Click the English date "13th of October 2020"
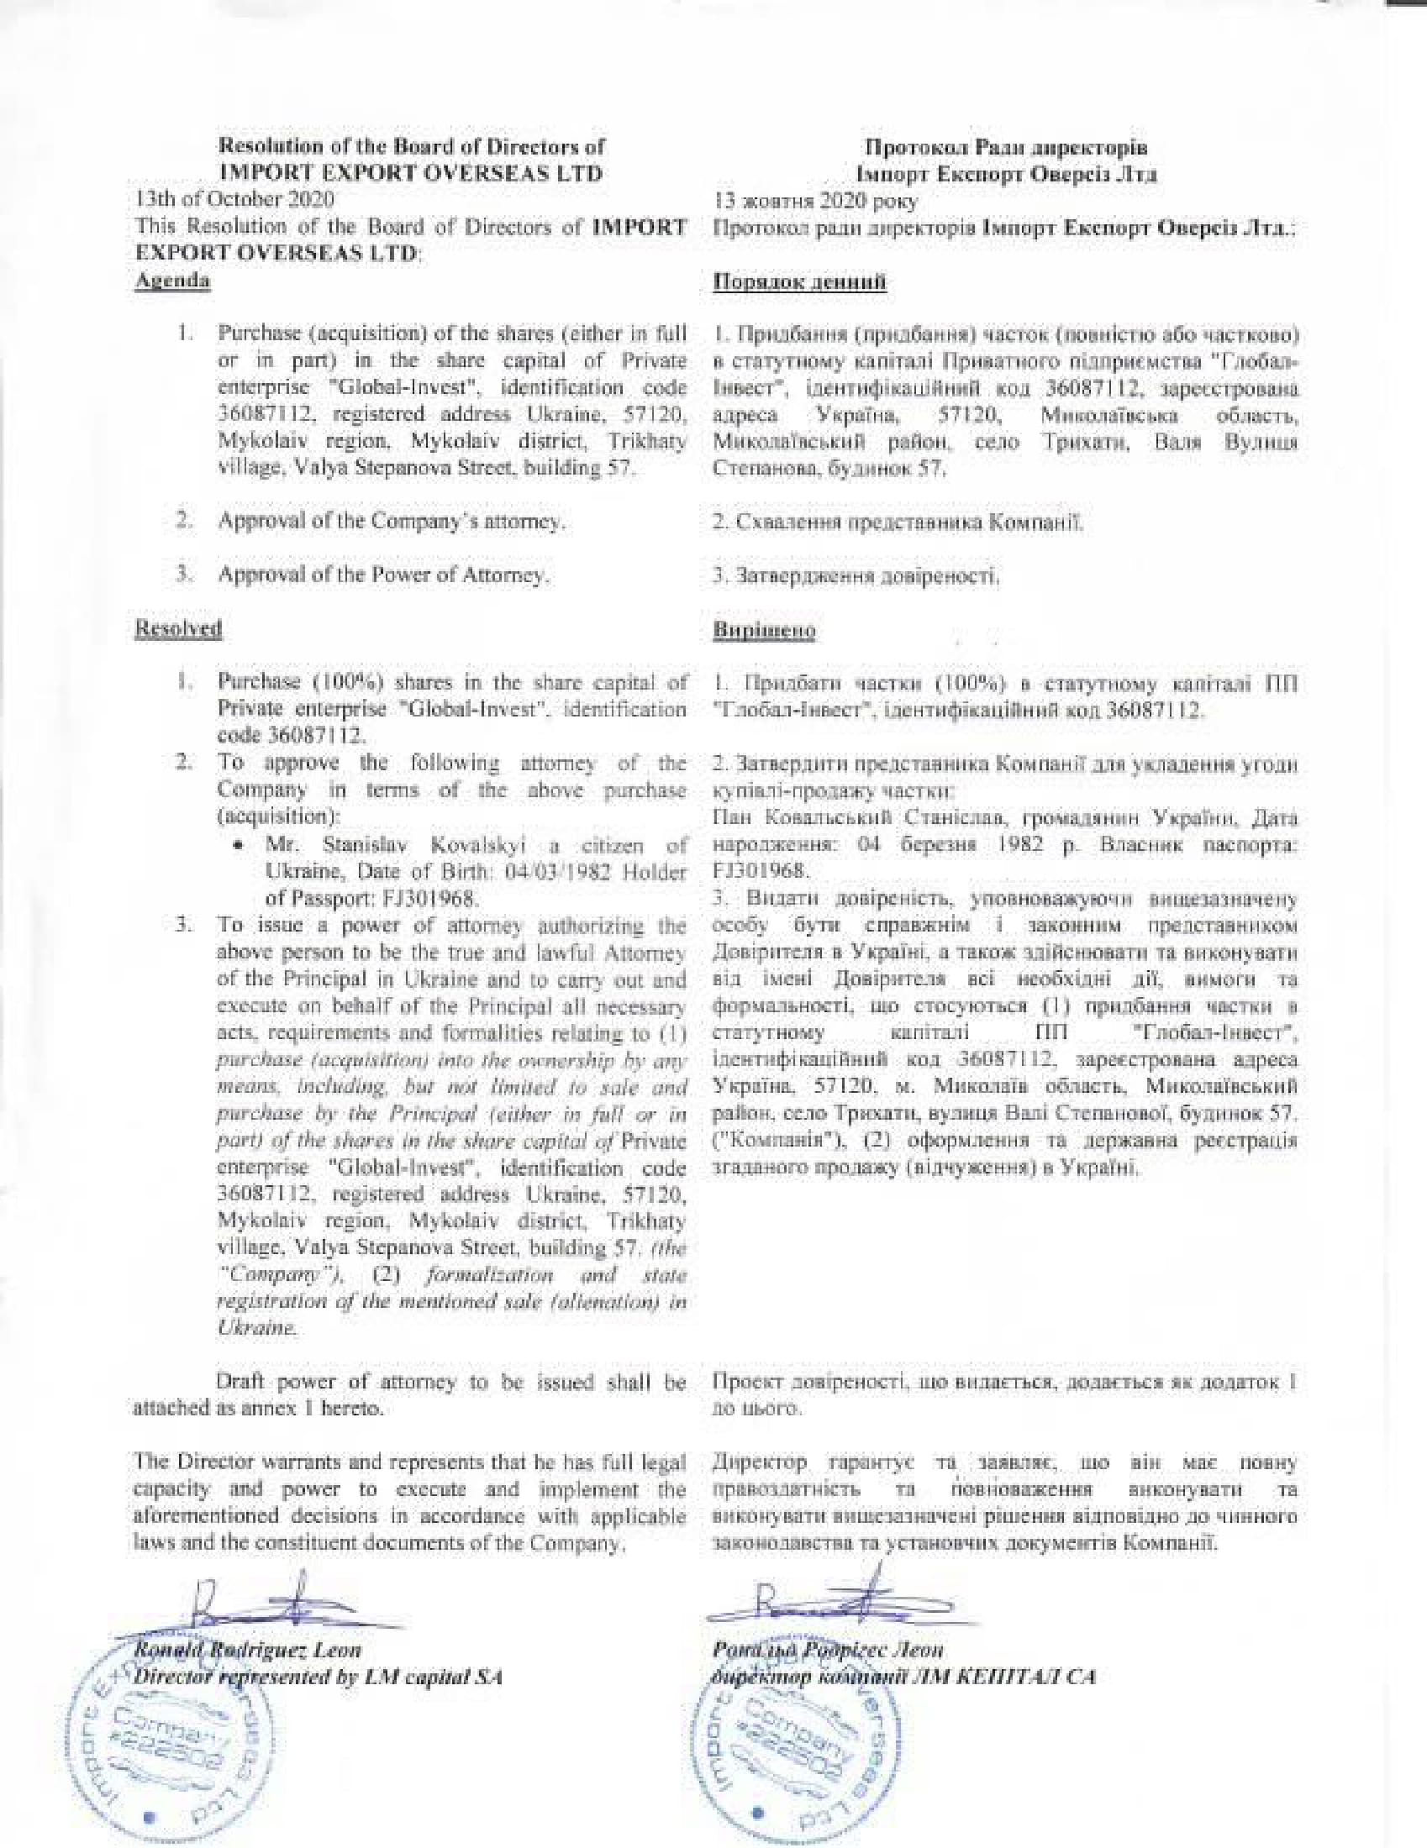(234, 200)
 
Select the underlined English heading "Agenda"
(172, 281)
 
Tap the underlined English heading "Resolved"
(179, 628)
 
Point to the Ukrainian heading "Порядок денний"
(800, 281)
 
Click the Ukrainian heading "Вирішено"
(764, 630)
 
